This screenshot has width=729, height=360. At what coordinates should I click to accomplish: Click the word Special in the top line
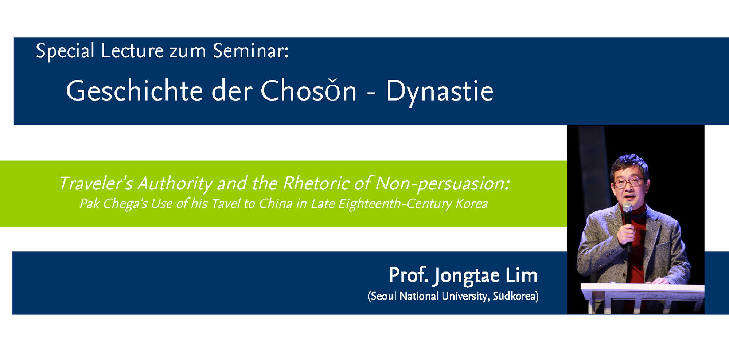click(x=65, y=51)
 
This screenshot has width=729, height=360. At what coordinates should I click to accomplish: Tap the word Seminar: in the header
click(x=251, y=50)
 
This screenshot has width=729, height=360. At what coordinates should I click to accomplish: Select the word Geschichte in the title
click(x=134, y=91)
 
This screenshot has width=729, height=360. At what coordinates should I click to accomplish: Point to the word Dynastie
click(x=440, y=92)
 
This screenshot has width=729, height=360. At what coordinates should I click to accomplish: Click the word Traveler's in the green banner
click(x=96, y=183)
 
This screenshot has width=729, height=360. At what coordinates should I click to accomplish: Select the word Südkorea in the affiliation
click(x=514, y=296)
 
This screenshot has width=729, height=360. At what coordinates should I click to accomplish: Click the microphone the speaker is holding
click(x=628, y=226)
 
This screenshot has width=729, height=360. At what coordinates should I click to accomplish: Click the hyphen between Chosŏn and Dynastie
click(x=371, y=94)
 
